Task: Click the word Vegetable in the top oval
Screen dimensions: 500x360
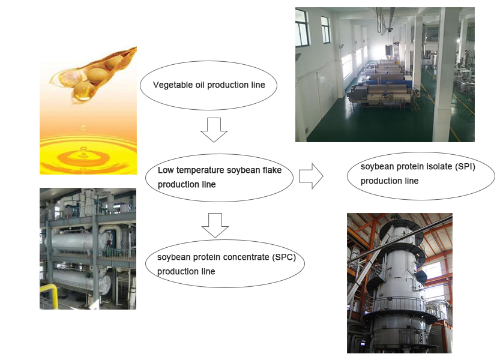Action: [168, 85]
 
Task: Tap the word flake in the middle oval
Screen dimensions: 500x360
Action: [272, 170]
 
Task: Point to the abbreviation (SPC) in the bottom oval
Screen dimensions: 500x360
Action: [284, 257]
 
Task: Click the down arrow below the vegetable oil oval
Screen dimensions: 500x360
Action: [214, 130]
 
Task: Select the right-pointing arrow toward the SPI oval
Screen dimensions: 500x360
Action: [311, 176]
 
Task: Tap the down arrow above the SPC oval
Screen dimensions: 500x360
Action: [215, 226]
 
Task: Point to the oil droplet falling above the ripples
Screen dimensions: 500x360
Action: [83, 128]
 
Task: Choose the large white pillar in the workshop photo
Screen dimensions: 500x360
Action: [444, 75]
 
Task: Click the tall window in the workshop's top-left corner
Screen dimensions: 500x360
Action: [303, 28]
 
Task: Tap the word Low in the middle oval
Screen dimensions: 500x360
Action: [166, 170]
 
